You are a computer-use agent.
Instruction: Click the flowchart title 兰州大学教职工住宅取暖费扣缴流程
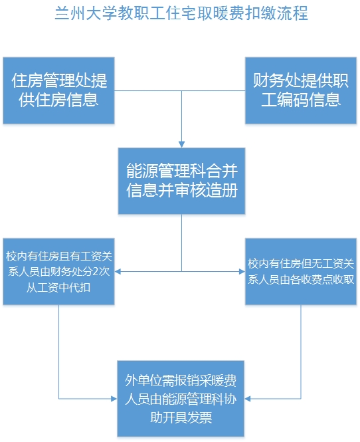point(181,13)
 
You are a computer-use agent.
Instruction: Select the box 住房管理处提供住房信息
point(58,90)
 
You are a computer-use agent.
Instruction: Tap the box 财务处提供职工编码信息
point(301,90)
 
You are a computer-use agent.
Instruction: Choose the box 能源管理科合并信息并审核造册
point(181,181)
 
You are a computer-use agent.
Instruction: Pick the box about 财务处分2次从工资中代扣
point(58,271)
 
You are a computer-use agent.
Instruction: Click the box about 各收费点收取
point(301,271)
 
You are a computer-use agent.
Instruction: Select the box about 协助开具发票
point(181,399)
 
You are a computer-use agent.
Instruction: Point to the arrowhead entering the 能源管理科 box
point(182,144)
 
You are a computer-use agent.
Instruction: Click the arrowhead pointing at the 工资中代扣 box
point(118,271)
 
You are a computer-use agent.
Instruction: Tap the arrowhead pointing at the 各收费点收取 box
point(242,271)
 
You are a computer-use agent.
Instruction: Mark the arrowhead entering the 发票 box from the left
point(114,399)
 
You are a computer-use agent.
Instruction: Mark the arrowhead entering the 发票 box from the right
point(248,399)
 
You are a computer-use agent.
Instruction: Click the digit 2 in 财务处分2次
point(96,272)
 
